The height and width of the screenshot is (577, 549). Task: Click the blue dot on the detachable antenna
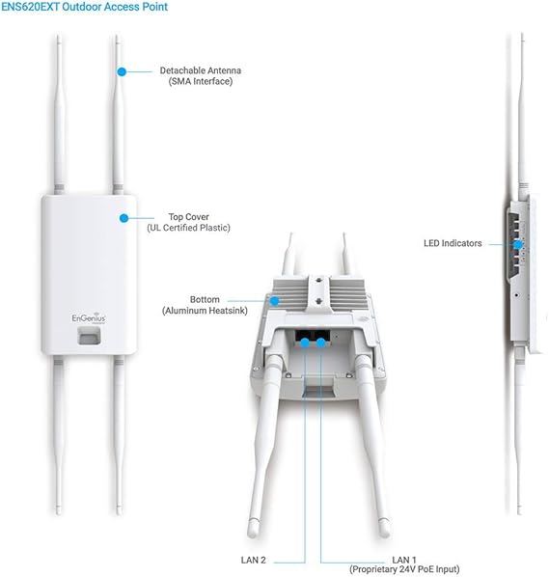[123, 71]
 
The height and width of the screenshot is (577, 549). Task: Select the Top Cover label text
[188, 217]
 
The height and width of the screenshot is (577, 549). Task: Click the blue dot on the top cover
[124, 218]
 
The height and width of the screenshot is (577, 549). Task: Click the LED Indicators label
[453, 244]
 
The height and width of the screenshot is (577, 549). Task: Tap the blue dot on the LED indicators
[518, 244]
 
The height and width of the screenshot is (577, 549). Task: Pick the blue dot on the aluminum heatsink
[275, 301]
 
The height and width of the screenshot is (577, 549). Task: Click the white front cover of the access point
[85, 251]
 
